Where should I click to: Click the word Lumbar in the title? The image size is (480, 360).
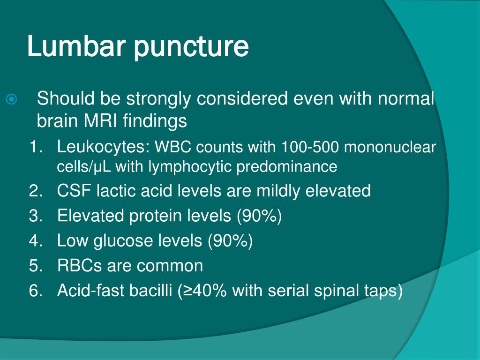(x=76, y=46)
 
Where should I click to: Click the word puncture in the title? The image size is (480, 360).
(x=191, y=47)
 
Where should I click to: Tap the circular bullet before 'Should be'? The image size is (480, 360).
(x=11, y=99)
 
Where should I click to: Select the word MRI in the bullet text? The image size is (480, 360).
(x=100, y=120)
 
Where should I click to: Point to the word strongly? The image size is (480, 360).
(x=159, y=100)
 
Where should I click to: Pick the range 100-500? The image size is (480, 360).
(x=309, y=147)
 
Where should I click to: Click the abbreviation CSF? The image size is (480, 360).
(x=74, y=191)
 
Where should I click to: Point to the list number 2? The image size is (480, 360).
(x=36, y=191)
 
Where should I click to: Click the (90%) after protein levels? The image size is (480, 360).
(x=259, y=216)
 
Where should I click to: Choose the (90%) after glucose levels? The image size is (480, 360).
(x=230, y=240)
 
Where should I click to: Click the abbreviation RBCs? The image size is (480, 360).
(x=79, y=265)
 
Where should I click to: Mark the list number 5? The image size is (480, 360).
(x=36, y=266)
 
